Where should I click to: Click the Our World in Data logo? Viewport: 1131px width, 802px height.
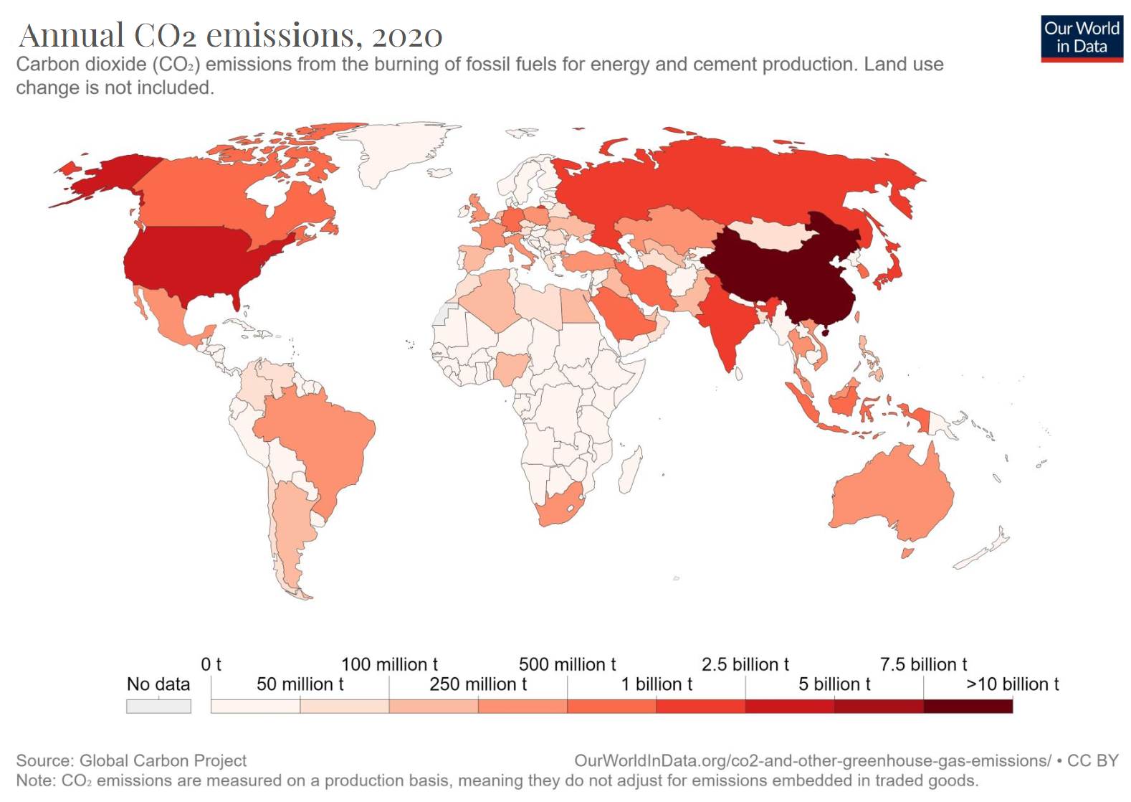[1082, 39]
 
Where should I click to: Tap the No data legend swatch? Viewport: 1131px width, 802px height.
[158, 706]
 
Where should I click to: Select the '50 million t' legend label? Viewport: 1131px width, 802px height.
[300, 684]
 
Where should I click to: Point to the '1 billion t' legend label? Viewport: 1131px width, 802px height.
[657, 684]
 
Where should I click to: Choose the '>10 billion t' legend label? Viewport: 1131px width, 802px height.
[1012, 684]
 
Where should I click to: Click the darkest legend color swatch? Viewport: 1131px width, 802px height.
[968, 706]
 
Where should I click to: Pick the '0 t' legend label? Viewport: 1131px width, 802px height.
[211, 664]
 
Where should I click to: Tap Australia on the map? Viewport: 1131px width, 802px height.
[892, 495]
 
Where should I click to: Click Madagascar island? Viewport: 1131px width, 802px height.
[630, 470]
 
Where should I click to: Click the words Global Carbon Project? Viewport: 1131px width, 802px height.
[163, 760]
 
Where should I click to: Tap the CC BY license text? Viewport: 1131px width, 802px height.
[1092, 760]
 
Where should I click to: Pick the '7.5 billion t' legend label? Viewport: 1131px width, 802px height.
[923, 664]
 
